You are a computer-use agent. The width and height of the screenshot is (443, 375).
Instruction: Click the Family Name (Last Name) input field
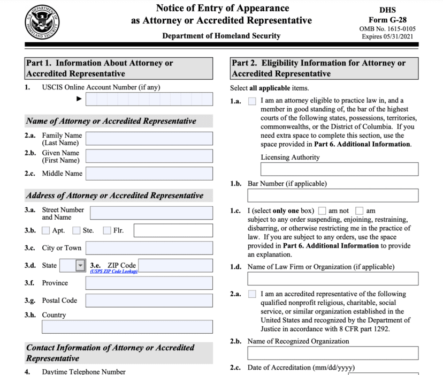[149, 139]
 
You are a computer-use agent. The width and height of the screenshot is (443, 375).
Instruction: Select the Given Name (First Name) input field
[149, 156]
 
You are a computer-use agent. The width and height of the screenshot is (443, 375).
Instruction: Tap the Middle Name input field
[149, 174]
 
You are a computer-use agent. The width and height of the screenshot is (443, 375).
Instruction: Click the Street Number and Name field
[151, 213]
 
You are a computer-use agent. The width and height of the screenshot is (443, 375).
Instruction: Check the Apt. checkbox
[45, 231]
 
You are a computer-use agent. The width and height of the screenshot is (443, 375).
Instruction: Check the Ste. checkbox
[77, 231]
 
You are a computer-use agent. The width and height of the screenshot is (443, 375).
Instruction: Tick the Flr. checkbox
[107, 231]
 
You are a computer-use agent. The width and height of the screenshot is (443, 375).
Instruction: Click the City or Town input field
[149, 248]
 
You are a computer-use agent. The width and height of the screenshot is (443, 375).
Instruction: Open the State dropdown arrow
[80, 265]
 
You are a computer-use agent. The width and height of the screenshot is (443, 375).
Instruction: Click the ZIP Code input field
[175, 265]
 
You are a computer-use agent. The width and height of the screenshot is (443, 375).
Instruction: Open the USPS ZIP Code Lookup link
[113, 272]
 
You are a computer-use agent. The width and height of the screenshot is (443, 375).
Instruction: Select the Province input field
[149, 283]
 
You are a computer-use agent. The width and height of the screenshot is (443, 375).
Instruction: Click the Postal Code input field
[149, 301]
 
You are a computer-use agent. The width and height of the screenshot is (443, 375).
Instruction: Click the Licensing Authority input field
[339, 169]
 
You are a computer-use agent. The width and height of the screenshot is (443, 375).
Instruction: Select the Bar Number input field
[333, 196]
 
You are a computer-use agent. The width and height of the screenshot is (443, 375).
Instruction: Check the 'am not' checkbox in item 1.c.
[322, 211]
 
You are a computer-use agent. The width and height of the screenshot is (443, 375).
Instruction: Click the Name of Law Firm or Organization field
[333, 279]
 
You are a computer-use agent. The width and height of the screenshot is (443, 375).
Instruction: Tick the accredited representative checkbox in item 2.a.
[253, 294]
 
